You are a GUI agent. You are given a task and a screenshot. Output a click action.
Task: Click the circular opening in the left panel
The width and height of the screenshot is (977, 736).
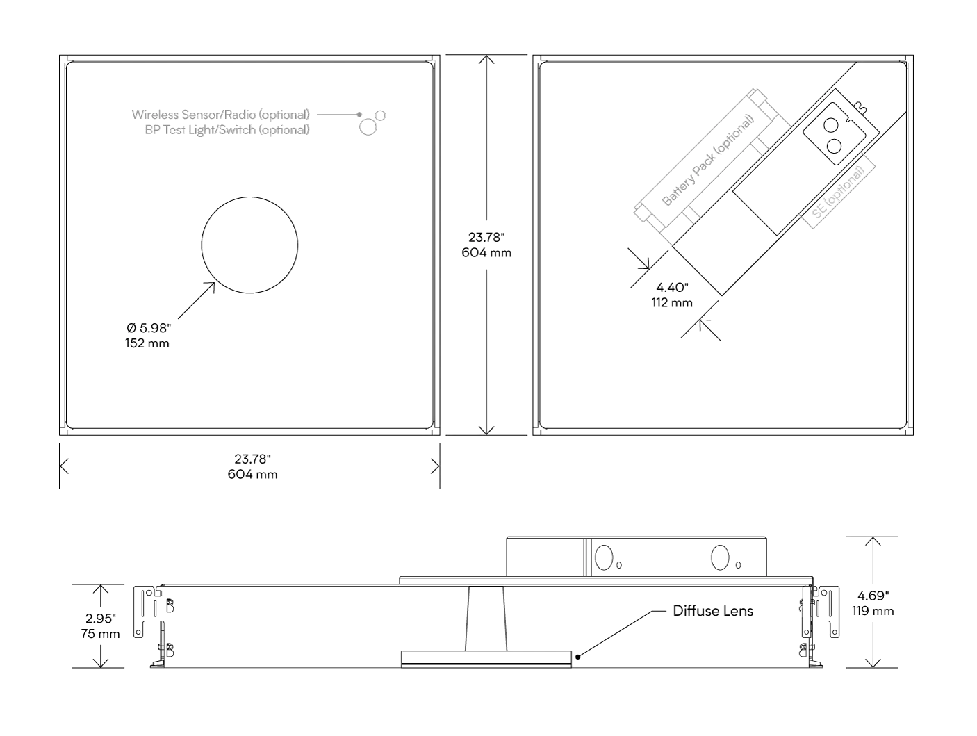pyautogui.click(x=250, y=245)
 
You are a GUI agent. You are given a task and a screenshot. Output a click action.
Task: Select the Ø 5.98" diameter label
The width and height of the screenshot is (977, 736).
pyautogui.click(x=147, y=328)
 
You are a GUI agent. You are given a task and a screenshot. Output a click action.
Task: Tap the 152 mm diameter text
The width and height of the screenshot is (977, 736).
pyautogui.click(x=147, y=343)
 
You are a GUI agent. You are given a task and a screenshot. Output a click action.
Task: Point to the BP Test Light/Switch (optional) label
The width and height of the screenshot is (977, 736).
pyautogui.click(x=227, y=130)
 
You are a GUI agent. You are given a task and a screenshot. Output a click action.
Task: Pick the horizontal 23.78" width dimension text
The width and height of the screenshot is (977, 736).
pyautogui.click(x=252, y=459)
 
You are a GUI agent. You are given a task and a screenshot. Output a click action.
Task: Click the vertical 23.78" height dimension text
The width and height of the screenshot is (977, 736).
pyautogui.click(x=486, y=238)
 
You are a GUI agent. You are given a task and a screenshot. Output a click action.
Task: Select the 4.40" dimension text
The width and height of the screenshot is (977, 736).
pyautogui.click(x=671, y=288)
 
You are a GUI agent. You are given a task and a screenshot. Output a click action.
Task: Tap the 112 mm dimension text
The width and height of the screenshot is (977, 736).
pyautogui.click(x=672, y=303)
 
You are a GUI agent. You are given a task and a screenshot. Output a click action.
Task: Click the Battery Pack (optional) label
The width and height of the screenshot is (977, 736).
pyautogui.click(x=707, y=161)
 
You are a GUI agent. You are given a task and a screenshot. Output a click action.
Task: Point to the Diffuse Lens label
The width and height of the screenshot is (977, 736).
pyautogui.click(x=713, y=611)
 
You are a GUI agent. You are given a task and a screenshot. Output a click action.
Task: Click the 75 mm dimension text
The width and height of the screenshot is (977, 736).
pyautogui.click(x=101, y=634)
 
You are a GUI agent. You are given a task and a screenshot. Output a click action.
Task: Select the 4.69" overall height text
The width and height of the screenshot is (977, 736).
pyautogui.click(x=873, y=596)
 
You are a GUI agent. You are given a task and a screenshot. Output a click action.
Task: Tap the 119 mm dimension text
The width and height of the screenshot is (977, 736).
pyautogui.click(x=873, y=612)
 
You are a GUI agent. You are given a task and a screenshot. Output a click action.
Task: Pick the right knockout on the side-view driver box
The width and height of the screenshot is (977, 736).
pyautogui.click(x=722, y=557)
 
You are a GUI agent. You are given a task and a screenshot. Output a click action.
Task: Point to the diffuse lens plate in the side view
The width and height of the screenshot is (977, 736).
pyautogui.click(x=486, y=658)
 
